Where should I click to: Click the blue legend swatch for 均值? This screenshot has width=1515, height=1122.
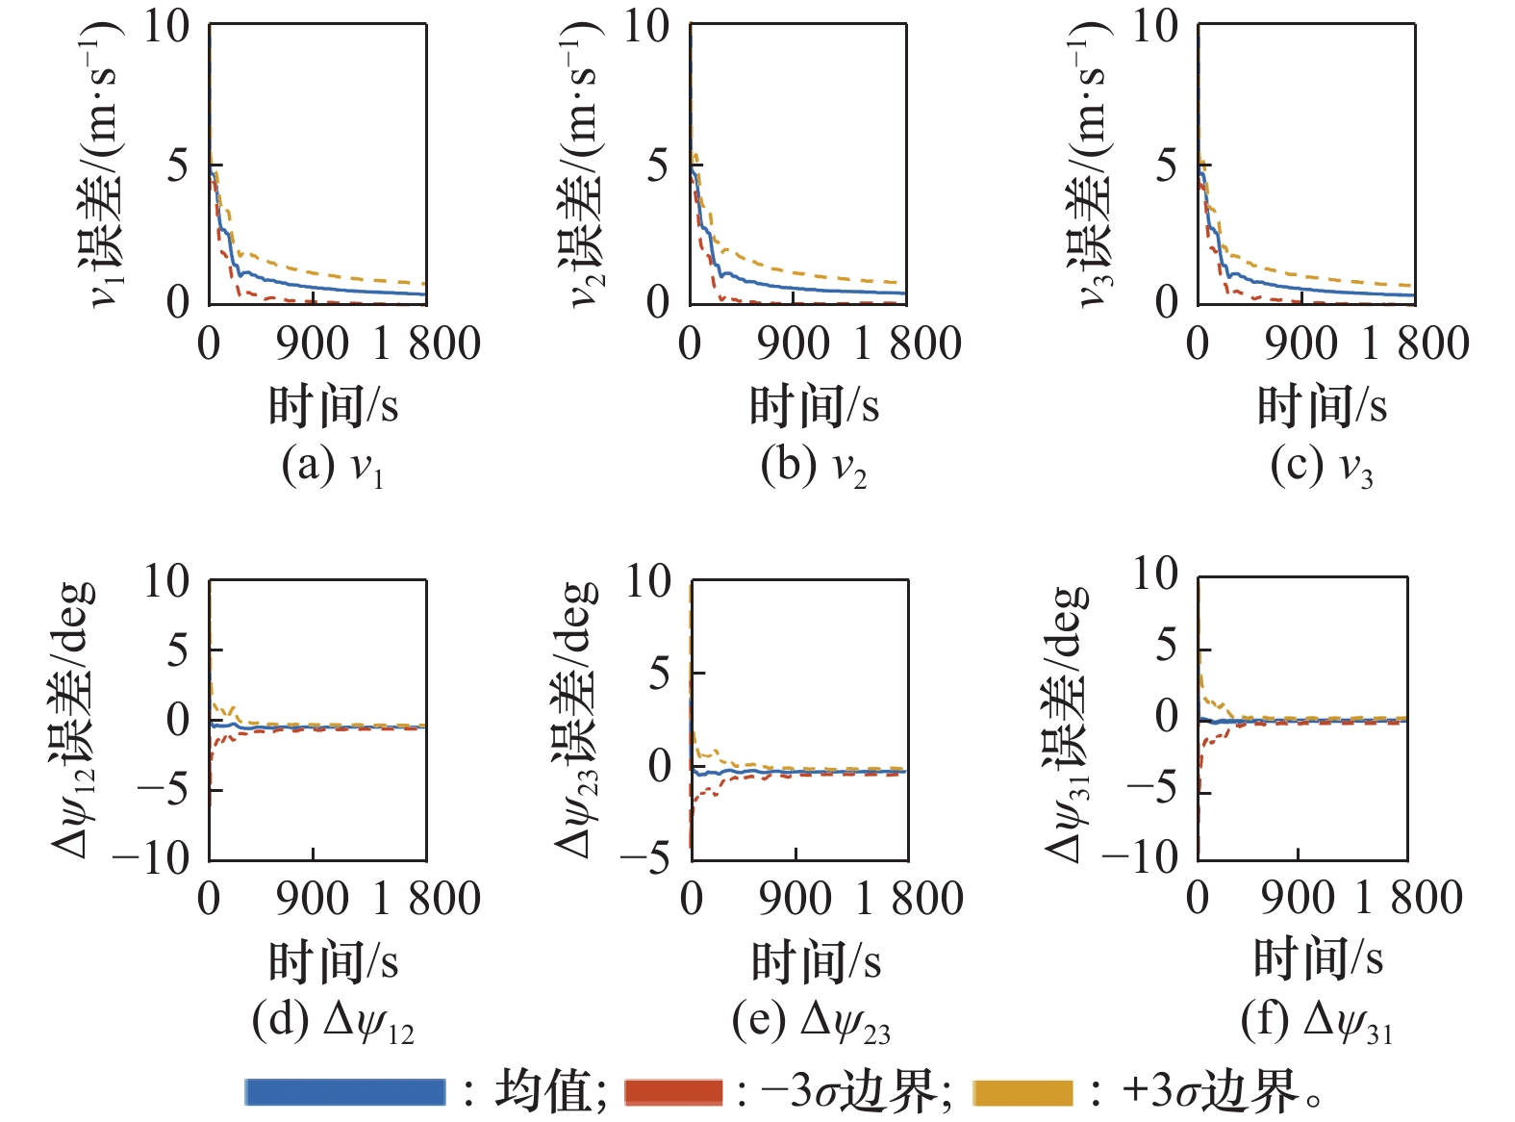click(344, 1092)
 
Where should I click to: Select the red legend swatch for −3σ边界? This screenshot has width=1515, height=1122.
click(673, 1092)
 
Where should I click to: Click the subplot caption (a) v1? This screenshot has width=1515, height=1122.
click(333, 467)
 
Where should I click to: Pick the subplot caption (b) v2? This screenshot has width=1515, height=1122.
click(814, 467)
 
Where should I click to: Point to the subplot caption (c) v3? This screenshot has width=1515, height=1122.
click(1322, 467)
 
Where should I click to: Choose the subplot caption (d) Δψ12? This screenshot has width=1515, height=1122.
click(333, 1022)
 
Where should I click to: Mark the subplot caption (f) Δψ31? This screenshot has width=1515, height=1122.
click(1317, 1022)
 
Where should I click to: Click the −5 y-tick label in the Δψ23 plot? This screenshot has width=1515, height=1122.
click(644, 857)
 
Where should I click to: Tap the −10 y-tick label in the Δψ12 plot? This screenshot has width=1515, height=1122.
click(151, 857)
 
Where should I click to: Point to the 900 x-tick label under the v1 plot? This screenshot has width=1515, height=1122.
click(312, 344)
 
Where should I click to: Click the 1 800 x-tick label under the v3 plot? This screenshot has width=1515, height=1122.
click(1415, 344)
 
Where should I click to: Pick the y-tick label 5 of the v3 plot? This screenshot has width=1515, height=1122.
click(1167, 166)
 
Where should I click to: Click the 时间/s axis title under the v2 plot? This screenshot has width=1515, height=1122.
click(815, 406)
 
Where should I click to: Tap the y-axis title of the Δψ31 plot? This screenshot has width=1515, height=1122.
click(1068, 722)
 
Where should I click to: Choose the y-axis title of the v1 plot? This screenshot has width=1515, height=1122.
click(102, 164)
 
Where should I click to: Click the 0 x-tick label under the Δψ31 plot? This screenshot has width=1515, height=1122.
click(1198, 898)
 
